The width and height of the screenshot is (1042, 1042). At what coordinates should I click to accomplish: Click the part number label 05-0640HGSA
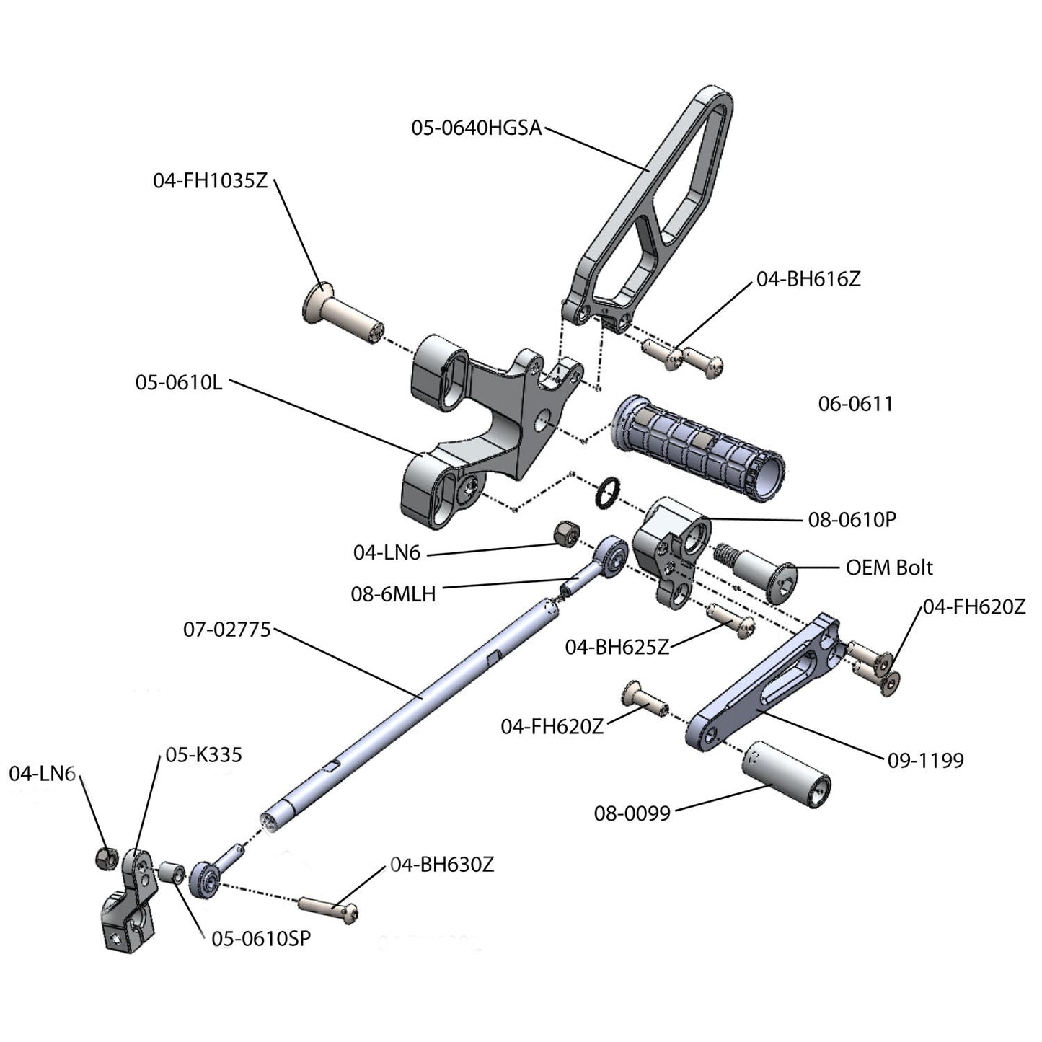click(476, 128)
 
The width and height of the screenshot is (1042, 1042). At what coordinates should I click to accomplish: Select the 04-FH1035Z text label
click(210, 180)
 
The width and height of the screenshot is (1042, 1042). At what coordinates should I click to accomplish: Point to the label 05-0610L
click(179, 382)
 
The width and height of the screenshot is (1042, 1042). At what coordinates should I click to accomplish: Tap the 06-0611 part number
click(855, 404)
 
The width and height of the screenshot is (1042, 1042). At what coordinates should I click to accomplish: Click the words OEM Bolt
click(888, 568)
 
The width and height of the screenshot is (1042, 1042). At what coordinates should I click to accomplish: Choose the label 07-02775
click(226, 630)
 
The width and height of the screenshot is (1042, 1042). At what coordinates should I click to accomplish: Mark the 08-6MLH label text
click(393, 594)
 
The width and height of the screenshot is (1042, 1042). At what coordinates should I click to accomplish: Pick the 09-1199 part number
click(925, 760)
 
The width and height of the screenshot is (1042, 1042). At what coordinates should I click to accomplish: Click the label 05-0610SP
click(261, 939)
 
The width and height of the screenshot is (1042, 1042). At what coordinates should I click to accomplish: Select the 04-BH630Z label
click(442, 864)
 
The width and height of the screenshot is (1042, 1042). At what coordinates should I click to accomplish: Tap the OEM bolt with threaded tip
click(761, 570)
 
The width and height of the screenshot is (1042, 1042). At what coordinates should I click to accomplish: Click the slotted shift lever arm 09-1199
click(764, 685)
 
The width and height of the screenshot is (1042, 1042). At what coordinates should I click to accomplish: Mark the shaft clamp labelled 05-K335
click(130, 901)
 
